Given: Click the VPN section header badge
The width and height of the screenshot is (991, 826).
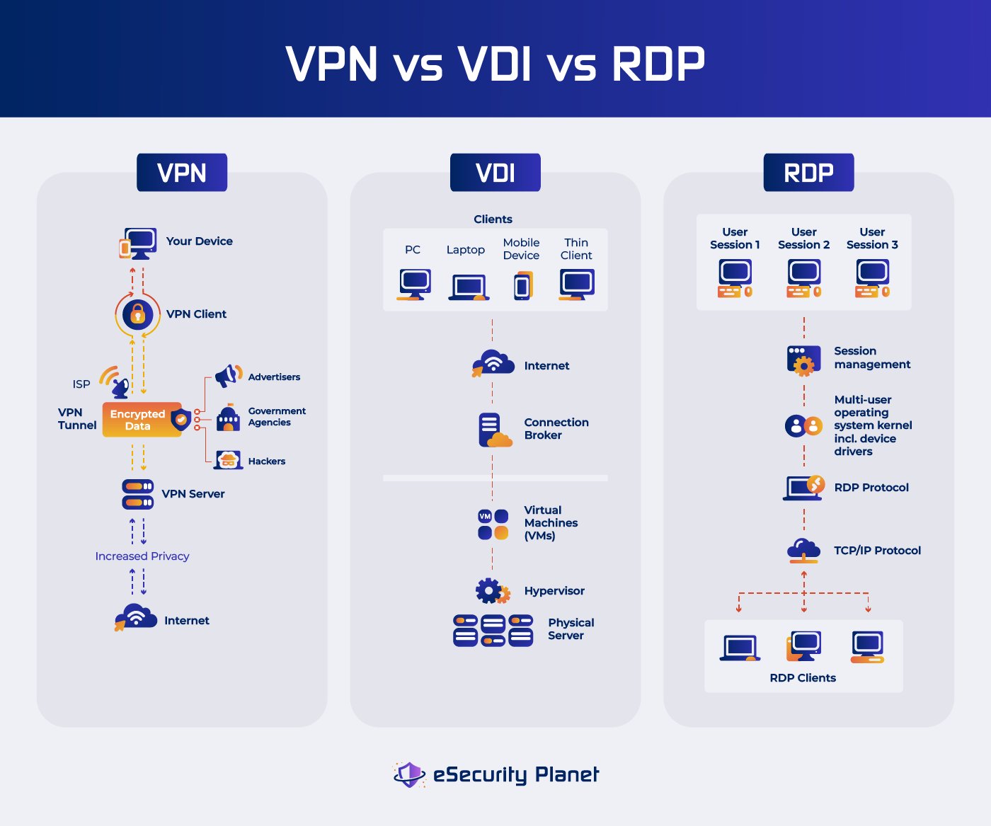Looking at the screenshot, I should coord(182,173).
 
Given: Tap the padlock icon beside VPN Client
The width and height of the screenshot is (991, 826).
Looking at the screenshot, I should coord(137,314).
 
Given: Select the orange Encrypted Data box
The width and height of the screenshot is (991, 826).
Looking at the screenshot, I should coord(139,420).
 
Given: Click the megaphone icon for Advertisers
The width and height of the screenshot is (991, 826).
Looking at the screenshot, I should coord(227,376).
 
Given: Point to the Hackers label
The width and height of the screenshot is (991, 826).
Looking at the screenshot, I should coord(266,461).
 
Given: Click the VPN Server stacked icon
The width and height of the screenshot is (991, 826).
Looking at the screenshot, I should coord(137,494).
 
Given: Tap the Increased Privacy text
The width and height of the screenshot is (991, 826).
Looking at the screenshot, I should coord(142,556).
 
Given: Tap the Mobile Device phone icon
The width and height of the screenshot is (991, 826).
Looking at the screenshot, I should coord(522,286).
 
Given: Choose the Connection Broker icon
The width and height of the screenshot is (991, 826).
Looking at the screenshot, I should coord(493,430).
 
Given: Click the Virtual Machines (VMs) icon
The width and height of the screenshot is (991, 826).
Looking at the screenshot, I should coord(493,524).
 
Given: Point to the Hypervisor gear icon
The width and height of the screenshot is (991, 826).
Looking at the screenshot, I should coord(491,590).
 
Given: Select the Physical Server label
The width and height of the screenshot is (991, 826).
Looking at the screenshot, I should coord(571,629).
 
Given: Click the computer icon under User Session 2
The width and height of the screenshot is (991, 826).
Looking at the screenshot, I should coord(803,277).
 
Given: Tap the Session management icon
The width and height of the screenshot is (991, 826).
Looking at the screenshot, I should coord(803,359).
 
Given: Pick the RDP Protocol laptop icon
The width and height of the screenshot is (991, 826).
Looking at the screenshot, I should coord(803,487).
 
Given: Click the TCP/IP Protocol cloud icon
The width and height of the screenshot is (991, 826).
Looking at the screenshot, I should coord(803,550).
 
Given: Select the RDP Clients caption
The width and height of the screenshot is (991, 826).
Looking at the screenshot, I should coord(803,678).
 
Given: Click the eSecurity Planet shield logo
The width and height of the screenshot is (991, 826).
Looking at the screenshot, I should coord(409,774).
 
